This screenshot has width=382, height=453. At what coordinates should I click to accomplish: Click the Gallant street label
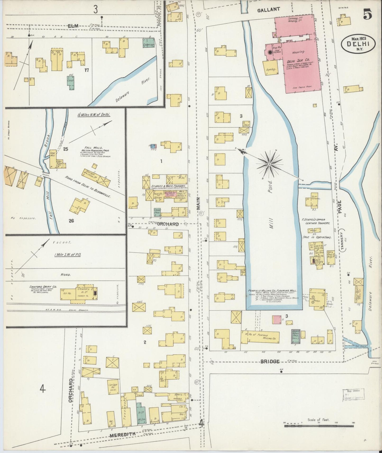pos(269,10)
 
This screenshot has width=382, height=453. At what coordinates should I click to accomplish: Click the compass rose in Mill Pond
pos(269,164)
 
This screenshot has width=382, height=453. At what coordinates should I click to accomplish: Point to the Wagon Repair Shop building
pos(295,336)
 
